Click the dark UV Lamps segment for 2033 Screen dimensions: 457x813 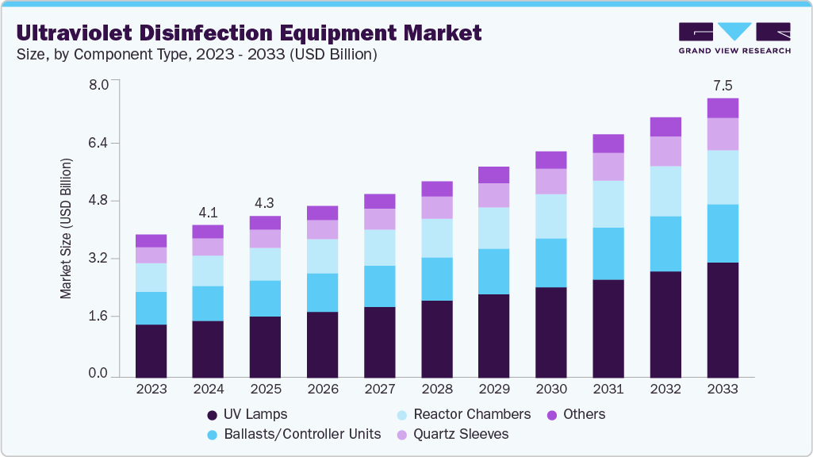(x=723, y=319)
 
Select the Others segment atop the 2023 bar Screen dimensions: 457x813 (x=151, y=240)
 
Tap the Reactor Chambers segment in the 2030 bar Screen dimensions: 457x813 (x=551, y=216)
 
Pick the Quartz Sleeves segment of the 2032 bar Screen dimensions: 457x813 (x=665, y=151)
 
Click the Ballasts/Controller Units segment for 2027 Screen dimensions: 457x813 (x=380, y=286)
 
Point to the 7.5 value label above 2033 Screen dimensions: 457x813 (x=723, y=86)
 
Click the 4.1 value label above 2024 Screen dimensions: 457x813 (x=208, y=213)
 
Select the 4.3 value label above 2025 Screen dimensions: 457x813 (x=265, y=203)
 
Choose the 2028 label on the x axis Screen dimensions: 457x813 (x=437, y=390)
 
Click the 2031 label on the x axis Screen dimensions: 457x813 (x=608, y=390)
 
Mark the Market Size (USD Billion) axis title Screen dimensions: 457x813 (x=67, y=228)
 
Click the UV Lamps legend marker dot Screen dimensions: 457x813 (x=212, y=415)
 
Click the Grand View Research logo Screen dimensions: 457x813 (x=734, y=38)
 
